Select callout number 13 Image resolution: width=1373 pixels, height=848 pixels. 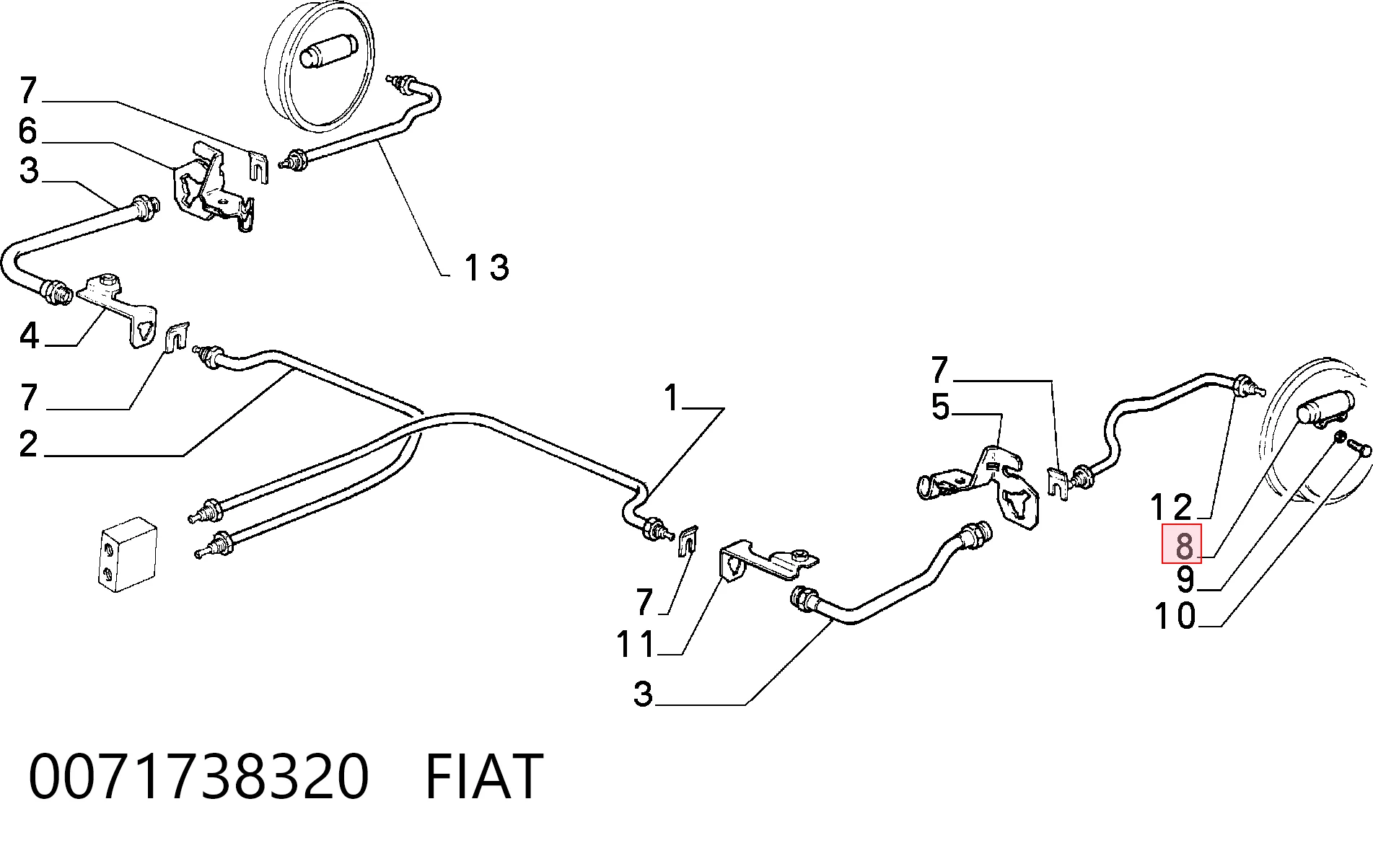(x=487, y=268)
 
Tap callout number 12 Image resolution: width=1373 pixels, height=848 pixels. (x=1171, y=507)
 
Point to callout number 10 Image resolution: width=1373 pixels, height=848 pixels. (x=1175, y=617)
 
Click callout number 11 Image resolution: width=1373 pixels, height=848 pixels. (x=636, y=644)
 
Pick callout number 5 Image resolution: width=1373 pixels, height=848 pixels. (x=940, y=407)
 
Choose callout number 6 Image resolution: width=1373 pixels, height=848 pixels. (x=27, y=131)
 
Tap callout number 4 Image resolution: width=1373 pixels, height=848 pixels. (x=28, y=336)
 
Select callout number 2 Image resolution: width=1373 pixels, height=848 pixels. (x=28, y=444)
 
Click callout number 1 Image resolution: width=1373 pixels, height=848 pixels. (x=672, y=398)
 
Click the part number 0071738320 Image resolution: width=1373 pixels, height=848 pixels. (x=198, y=776)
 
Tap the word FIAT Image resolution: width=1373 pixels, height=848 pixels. (x=483, y=776)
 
